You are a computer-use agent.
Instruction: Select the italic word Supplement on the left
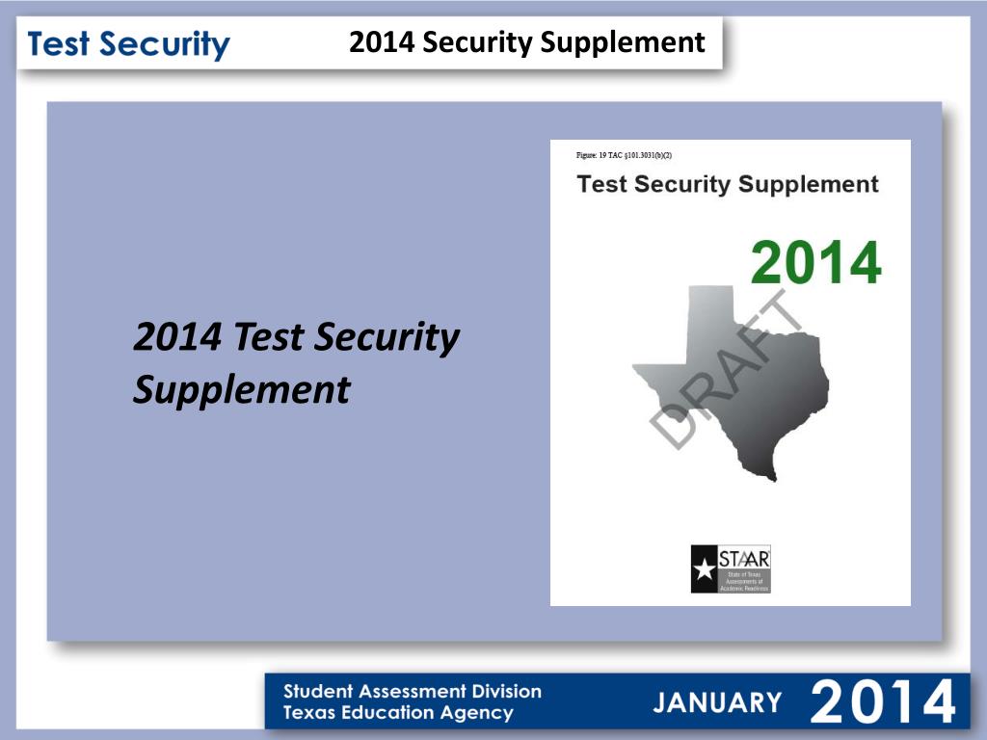241,390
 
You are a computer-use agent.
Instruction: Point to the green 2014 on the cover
815,262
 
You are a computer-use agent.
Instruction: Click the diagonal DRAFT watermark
728,371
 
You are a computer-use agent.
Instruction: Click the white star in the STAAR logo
705,568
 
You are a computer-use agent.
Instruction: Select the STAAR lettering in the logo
744,558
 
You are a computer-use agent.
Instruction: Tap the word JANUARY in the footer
717,701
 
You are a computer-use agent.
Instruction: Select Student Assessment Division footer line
412,691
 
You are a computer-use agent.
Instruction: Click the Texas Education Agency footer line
398,713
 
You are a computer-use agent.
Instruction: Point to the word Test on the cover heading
601,184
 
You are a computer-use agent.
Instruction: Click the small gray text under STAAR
744,581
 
